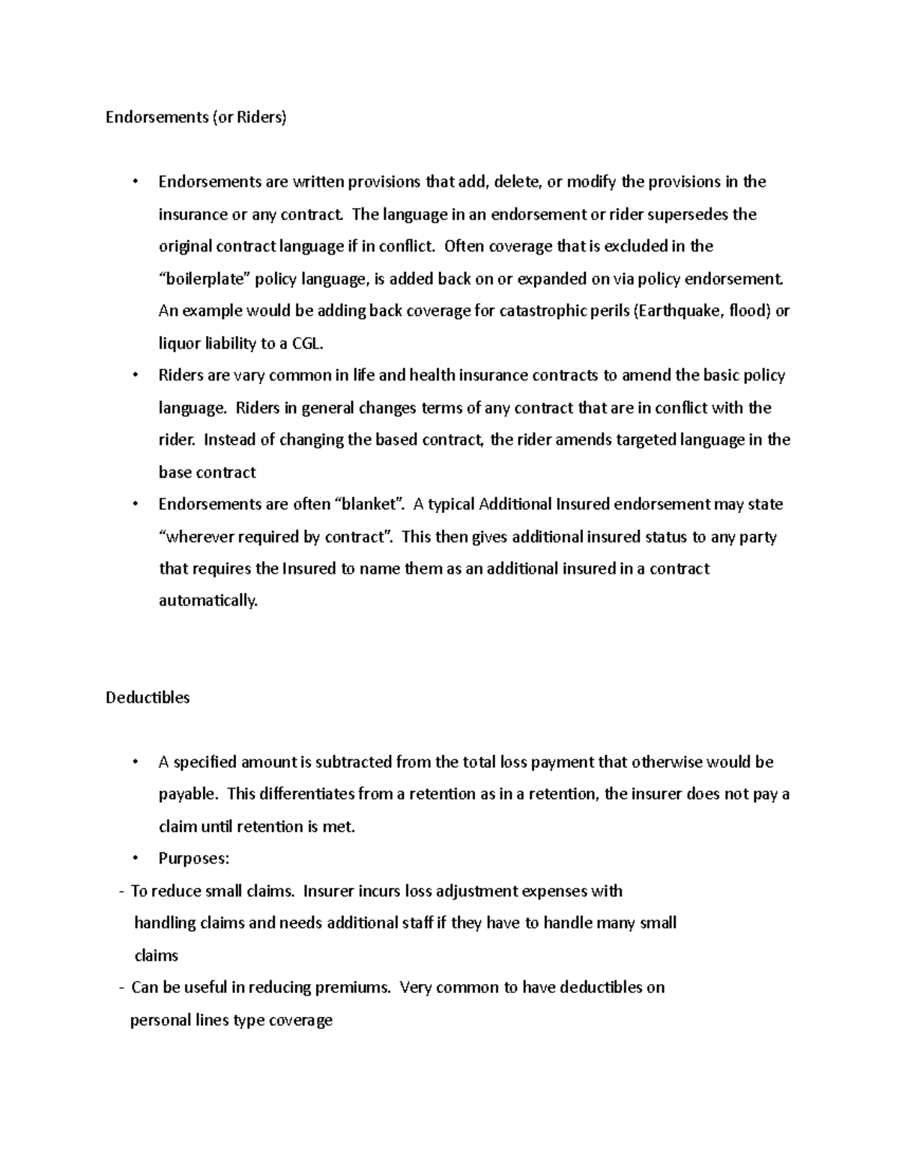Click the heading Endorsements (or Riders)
coord(196,118)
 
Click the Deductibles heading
coord(148,697)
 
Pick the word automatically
coord(208,601)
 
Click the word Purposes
coord(193,858)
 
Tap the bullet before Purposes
coord(136,858)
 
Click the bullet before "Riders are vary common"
coord(136,375)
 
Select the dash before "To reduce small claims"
coord(121,891)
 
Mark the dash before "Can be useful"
coord(121,988)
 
